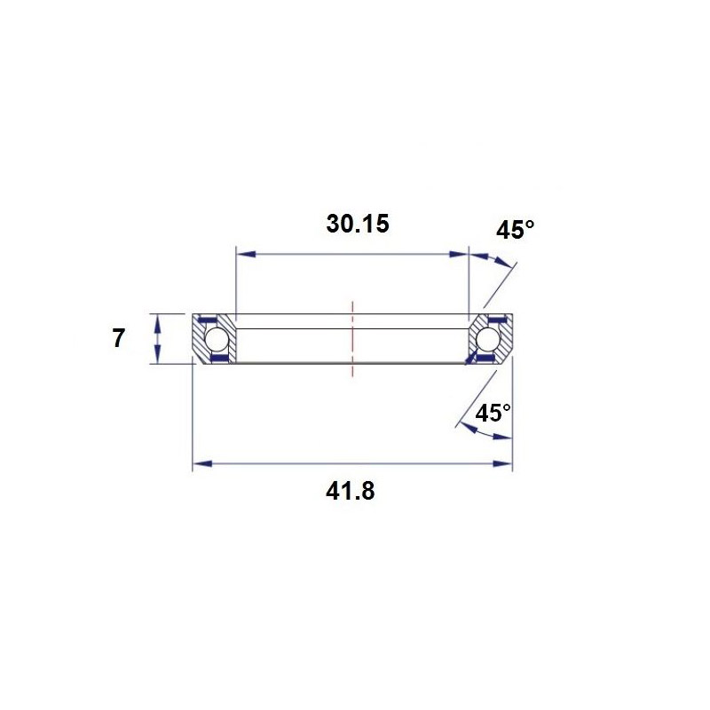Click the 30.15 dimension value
pyautogui.click(x=358, y=225)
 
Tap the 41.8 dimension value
pyautogui.click(x=350, y=491)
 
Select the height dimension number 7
pyautogui.click(x=118, y=339)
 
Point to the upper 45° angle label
pyautogui.click(x=515, y=230)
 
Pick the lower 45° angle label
pyautogui.click(x=493, y=413)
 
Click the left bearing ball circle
pyautogui.click(x=216, y=339)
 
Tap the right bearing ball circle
pyautogui.click(x=486, y=338)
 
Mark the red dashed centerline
pyautogui.click(x=352, y=338)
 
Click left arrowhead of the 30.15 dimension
pyautogui.click(x=247, y=254)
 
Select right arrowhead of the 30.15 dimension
pyautogui.click(x=458, y=254)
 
